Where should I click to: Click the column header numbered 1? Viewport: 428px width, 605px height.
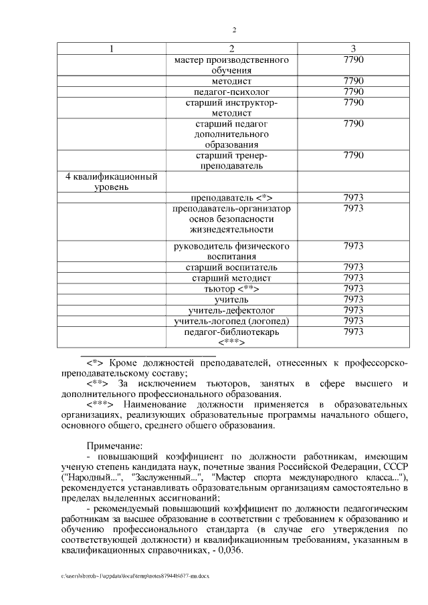111,49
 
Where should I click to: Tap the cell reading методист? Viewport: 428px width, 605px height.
231,80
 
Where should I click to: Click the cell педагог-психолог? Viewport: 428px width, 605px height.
231,91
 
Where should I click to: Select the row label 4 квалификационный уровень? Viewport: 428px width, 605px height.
111,183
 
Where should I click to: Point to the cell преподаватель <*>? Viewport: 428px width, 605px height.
231,198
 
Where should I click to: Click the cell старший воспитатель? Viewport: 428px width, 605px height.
231,267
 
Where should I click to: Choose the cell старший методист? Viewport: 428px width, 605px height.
231,278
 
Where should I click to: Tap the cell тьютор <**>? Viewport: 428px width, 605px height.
231,289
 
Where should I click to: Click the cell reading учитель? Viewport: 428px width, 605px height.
231,299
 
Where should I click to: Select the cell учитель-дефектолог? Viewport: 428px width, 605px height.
231,310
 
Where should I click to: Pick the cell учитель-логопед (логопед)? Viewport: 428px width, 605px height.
231,321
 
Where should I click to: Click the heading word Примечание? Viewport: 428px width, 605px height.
114,445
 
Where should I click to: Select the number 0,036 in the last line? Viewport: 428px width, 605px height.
231,552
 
